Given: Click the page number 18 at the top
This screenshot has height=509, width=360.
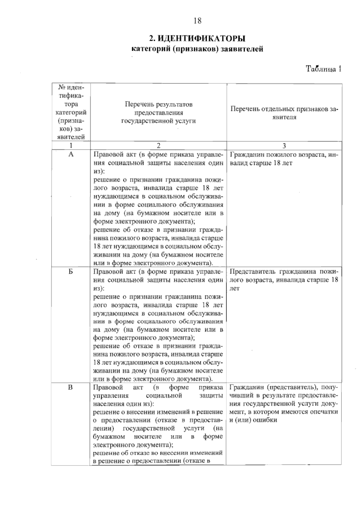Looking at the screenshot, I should pyautogui.click(x=197, y=21).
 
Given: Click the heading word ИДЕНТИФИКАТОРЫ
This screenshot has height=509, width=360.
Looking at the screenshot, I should pyautogui.click(x=201, y=39).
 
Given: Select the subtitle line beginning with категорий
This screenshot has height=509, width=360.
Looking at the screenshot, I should pyautogui.click(x=197, y=49).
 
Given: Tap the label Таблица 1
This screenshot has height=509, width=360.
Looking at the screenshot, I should pyautogui.click(x=323, y=69).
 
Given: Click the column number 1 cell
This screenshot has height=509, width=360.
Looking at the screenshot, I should pyautogui.click(x=71, y=145).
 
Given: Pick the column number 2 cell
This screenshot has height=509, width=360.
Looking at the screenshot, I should pyautogui.click(x=158, y=145).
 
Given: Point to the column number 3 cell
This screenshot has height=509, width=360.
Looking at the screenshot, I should pyautogui.click(x=284, y=145).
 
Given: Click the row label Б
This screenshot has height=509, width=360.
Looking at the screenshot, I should pyautogui.click(x=71, y=271).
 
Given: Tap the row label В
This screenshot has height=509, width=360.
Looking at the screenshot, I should pyautogui.click(x=70, y=387).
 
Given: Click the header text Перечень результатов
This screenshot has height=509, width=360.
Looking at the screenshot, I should pyautogui.click(x=158, y=104).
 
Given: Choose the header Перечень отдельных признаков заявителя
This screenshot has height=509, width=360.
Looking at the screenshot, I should pyautogui.click(x=284, y=113).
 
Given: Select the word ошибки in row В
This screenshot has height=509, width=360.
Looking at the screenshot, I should pyautogui.click(x=265, y=420).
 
